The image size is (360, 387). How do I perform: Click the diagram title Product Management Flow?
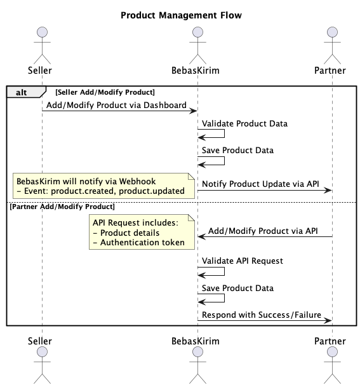181,15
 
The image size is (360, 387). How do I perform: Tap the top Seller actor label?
41,69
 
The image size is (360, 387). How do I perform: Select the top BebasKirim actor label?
197,69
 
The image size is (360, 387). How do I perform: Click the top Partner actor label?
331,69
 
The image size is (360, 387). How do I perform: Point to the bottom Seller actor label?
41,341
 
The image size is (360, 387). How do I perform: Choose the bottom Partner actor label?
331,341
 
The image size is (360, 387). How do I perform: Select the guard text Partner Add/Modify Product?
62,207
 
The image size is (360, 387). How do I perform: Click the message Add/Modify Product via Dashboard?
116,104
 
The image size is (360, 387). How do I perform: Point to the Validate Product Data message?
244,123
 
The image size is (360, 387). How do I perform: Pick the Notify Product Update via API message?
260,184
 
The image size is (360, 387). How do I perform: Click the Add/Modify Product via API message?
263,231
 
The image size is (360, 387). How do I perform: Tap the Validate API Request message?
242,260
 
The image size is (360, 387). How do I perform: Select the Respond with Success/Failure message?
262,315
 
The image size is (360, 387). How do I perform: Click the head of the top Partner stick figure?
331,32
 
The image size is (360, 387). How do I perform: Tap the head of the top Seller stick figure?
41,32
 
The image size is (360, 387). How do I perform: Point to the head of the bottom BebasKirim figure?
197,356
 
